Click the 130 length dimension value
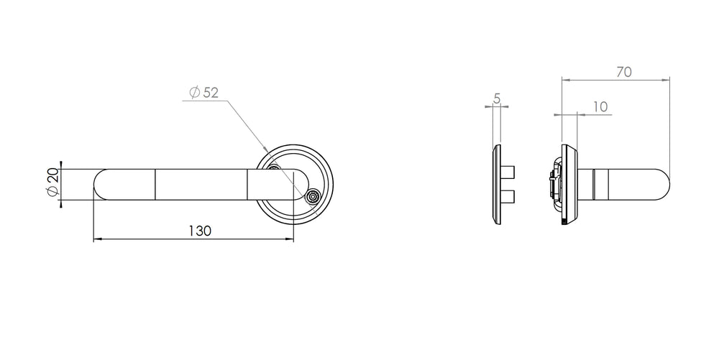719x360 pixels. coord(200,231)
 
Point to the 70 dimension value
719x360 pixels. coord(624,72)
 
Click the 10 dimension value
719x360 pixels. coord(600,107)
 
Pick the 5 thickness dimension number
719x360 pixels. coord(497,98)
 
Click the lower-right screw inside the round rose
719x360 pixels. coord(313,196)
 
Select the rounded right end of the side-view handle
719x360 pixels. coord(665,185)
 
